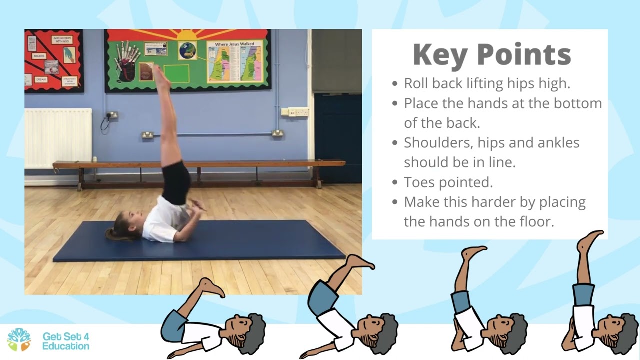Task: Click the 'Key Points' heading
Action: (x=492, y=54)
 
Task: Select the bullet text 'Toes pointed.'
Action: (x=448, y=182)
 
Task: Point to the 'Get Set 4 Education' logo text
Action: (x=66, y=341)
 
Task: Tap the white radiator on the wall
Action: (x=58, y=138)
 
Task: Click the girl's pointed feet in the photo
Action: (x=159, y=75)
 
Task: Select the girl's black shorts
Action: (x=176, y=182)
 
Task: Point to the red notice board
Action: (x=54, y=60)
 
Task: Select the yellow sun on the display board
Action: (x=186, y=35)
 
